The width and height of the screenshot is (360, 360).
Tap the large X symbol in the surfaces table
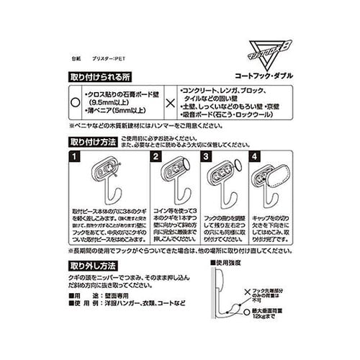pyautogui.click(x=170, y=102)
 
